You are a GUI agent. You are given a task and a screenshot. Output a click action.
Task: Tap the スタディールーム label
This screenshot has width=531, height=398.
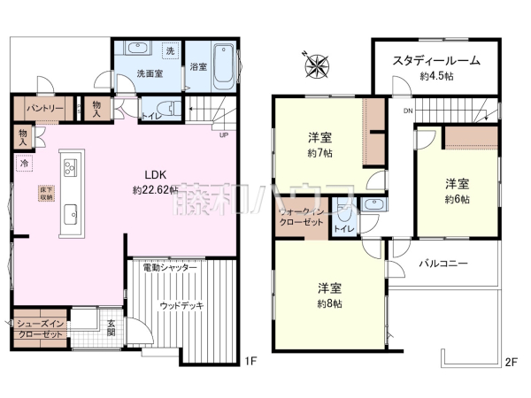pyautogui.click(x=436, y=60)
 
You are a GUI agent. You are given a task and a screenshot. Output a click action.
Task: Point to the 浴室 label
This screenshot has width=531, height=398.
pyautogui.click(x=199, y=67)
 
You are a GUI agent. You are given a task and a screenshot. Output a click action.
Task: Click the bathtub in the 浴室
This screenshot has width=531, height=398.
pyautogui.click(x=223, y=65)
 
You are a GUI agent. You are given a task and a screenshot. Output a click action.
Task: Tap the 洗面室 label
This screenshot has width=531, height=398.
pyautogui.click(x=149, y=74)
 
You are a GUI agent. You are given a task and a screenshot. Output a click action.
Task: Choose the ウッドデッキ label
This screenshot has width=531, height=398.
pyautogui.click(x=181, y=305)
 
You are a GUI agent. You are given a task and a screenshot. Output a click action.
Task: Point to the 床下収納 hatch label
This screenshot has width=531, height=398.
pyautogui.click(x=43, y=193)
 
